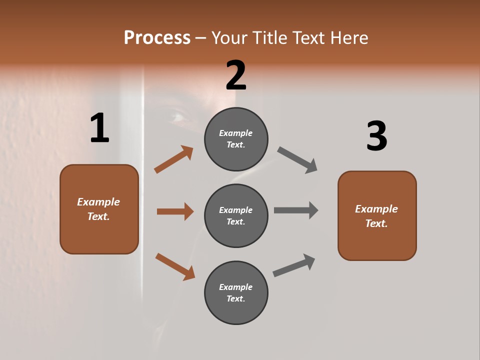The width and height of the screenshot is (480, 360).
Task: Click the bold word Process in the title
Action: tap(157, 38)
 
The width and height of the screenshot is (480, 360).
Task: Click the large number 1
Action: tap(99, 128)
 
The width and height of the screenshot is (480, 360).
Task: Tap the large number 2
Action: tap(236, 75)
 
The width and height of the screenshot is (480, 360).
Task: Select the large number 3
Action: tap(376, 136)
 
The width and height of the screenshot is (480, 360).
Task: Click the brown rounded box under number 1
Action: tap(99, 209)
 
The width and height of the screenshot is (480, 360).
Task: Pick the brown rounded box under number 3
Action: tap(377, 215)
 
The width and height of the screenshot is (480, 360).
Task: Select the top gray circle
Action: tap(236, 139)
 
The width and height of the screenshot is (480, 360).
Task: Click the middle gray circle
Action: tap(236, 215)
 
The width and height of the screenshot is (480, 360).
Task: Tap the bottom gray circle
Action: tap(236, 292)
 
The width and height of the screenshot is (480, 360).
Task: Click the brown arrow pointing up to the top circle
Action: tap(173, 159)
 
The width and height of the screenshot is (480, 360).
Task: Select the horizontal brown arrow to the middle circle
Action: tap(175, 211)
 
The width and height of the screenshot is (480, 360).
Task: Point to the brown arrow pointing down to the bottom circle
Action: tap(175, 266)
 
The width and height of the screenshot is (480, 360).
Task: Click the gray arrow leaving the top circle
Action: tap(297, 160)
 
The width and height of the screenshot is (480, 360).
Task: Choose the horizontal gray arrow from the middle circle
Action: tap(296, 210)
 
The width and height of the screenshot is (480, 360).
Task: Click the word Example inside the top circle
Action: tap(236, 133)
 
